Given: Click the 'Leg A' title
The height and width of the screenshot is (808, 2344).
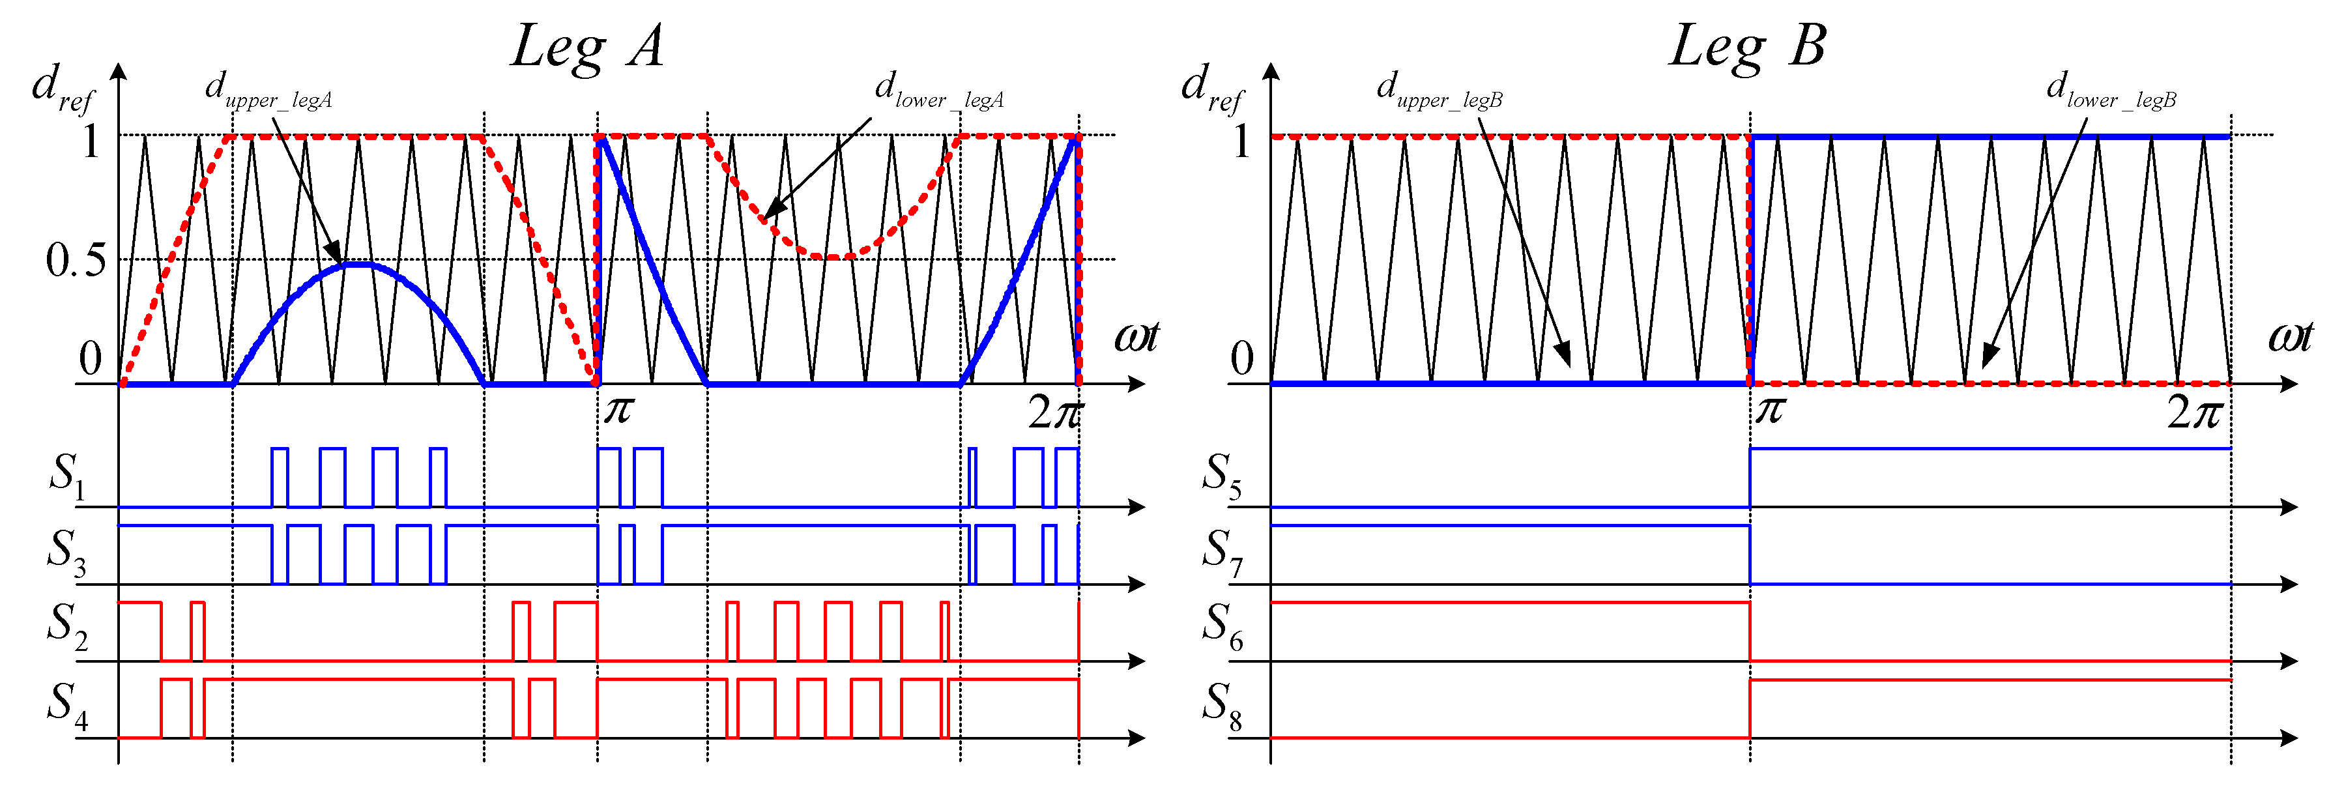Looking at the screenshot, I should (x=587, y=48).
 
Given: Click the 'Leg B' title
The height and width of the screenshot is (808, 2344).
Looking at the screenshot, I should (x=1747, y=48).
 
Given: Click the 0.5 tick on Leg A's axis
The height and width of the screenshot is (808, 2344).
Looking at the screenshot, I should (x=76, y=261).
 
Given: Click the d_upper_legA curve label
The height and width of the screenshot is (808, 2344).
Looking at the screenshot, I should (x=268, y=92).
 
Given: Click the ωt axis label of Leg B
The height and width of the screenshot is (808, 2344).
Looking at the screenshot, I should (x=2289, y=338).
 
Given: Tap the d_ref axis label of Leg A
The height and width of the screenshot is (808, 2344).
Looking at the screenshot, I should (x=62, y=88).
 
